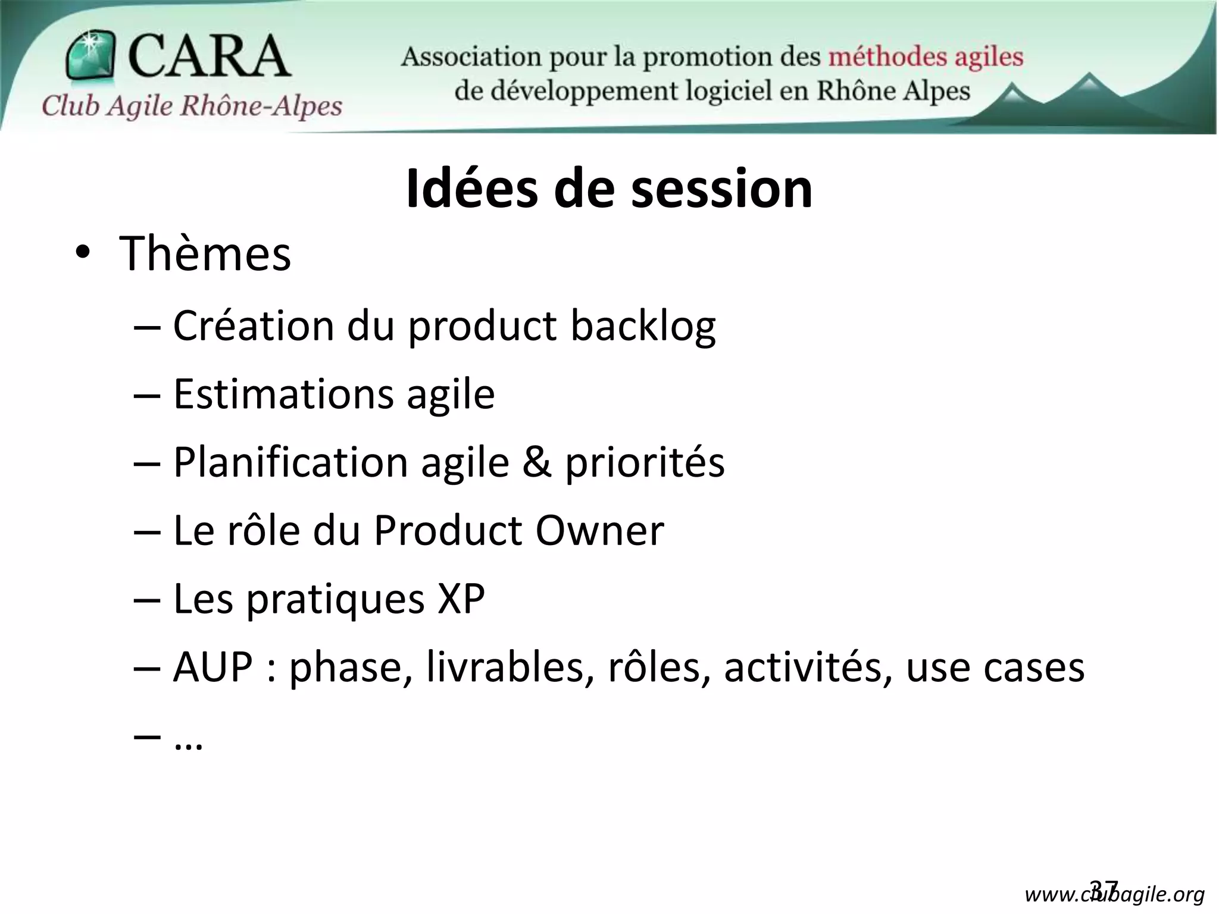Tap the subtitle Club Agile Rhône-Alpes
pyautogui.click(x=192, y=107)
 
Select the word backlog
pyautogui.click(x=643, y=327)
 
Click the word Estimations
pyautogui.click(x=283, y=395)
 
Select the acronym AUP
pyautogui.click(x=213, y=667)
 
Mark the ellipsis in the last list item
pyautogui.click(x=189, y=744)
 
